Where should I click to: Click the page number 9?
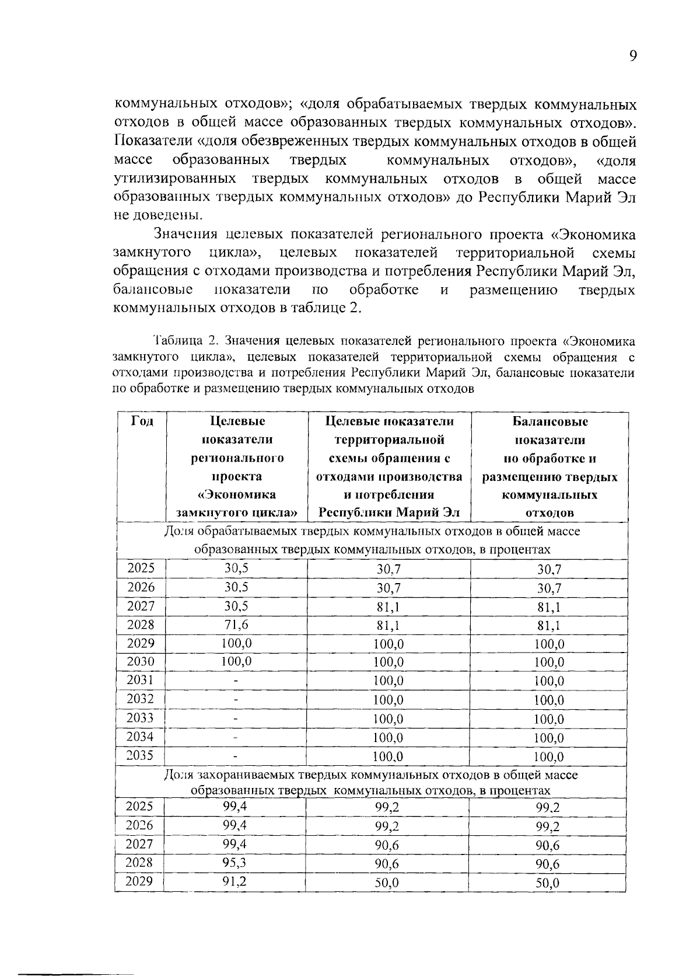632,56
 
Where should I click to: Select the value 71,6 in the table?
236,625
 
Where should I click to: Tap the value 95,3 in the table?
235,862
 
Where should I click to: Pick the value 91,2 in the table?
235,881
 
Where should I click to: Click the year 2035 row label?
141,755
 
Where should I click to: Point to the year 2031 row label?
141,680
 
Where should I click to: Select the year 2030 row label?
141,661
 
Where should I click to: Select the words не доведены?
158,214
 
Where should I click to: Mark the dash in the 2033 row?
236,719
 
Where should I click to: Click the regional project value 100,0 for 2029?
236,643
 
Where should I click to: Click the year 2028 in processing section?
141,625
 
